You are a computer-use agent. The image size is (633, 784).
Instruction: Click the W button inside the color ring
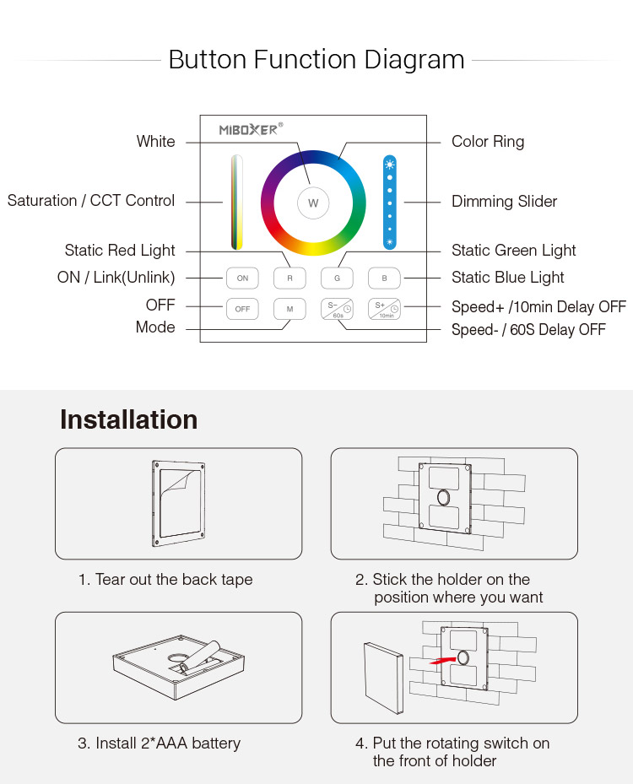coord(313,203)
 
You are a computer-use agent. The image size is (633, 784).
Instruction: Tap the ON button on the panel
coord(242,278)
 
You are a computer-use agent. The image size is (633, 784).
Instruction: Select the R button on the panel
coord(289,278)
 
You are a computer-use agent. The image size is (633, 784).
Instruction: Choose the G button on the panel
coord(337,278)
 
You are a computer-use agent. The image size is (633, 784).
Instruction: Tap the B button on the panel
coord(384,278)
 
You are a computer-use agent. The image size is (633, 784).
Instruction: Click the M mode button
coord(289,309)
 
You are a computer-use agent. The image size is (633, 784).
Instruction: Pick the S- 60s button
coord(337,309)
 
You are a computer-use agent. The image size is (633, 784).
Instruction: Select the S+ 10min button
coord(384,309)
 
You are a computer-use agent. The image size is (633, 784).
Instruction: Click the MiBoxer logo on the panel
coord(251,129)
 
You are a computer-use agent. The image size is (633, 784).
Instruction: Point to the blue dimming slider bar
coord(389,202)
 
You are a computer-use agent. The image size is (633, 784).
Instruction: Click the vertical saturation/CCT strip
coord(237,202)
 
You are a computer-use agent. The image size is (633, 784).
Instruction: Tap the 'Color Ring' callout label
coord(488,142)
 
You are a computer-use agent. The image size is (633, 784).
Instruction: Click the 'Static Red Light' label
coord(120,251)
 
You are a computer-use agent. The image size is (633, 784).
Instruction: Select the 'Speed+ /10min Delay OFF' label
coord(539,306)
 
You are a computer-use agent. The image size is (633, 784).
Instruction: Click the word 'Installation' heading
coord(129,419)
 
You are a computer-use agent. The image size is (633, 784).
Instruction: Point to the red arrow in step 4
coord(443,660)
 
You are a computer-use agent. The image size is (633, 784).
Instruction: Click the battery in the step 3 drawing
coord(201,655)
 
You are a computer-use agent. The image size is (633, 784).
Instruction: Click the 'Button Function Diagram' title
coord(316,60)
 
